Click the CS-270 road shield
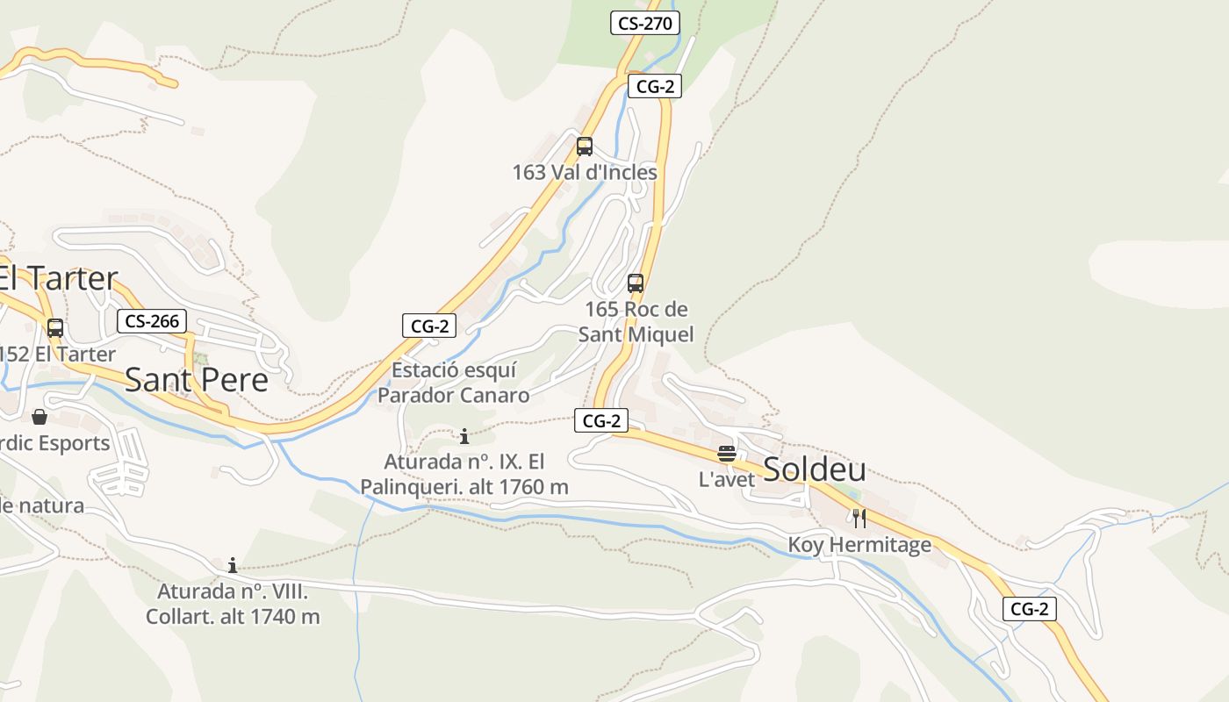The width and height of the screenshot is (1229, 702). pyautogui.click(x=645, y=24)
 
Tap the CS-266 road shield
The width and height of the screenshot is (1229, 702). pyautogui.click(x=153, y=321)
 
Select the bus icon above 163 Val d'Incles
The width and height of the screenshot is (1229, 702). pyautogui.click(x=585, y=147)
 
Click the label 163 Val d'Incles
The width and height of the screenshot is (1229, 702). pyautogui.click(x=585, y=173)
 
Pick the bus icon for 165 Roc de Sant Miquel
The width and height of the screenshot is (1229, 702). pyautogui.click(x=636, y=283)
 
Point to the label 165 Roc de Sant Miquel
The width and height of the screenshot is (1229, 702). pyautogui.click(x=636, y=322)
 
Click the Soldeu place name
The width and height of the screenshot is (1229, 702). pyautogui.click(x=815, y=469)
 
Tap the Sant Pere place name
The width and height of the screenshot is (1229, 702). pyautogui.click(x=197, y=380)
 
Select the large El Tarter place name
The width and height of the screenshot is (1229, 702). pyautogui.click(x=58, y=279)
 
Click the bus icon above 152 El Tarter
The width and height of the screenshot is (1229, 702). pyautogui.click(x=55, y=328)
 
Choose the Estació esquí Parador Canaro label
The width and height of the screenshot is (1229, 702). pyautogui.click(x=454, y=383)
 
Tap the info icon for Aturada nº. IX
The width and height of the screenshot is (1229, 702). pyautogui.click(x=464, y=436)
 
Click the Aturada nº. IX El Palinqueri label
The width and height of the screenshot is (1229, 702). pyautogui.click(x=464, y=474)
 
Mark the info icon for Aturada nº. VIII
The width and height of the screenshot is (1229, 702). pyautogui.click(x=233, y=564)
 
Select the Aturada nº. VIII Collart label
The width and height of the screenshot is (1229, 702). pyautogui.click(x=233, y=604)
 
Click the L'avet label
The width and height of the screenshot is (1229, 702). pyautogui.click(x=727, y=480)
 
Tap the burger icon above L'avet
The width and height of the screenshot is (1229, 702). pyautogui.click(x=726, y=454)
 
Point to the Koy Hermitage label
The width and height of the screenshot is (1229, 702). pyautogui.click(x=859, y=545)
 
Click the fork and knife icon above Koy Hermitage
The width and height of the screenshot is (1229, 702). pyautogui.click(x=859, y=519)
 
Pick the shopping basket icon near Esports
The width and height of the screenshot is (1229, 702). pyautogui.click(x=40, y=417)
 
